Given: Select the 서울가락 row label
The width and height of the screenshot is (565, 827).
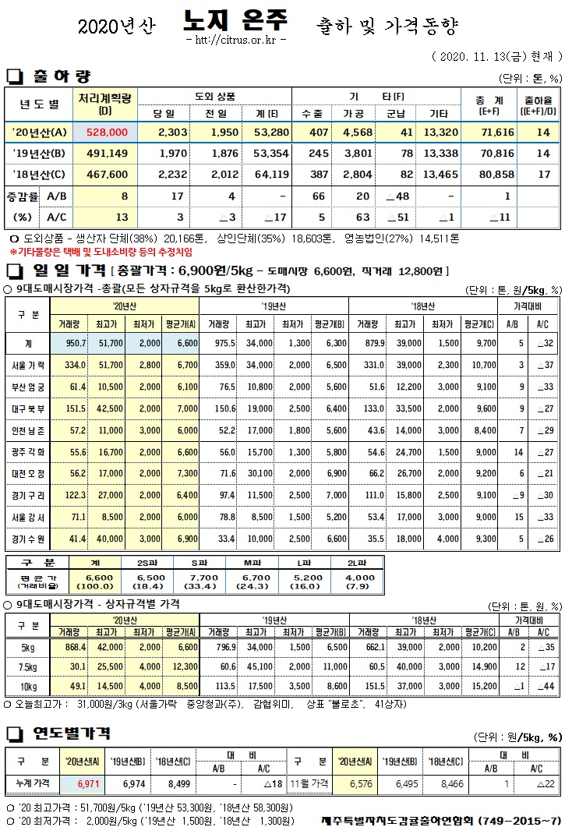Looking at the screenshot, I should click(30, 366).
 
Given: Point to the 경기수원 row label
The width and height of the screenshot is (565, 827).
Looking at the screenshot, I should click(30, 539).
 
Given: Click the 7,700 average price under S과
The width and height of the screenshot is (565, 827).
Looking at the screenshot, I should click(200, 578).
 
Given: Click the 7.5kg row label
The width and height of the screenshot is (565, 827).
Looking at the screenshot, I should click(28, 666).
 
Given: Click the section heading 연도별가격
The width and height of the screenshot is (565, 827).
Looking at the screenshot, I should click(71, 733).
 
